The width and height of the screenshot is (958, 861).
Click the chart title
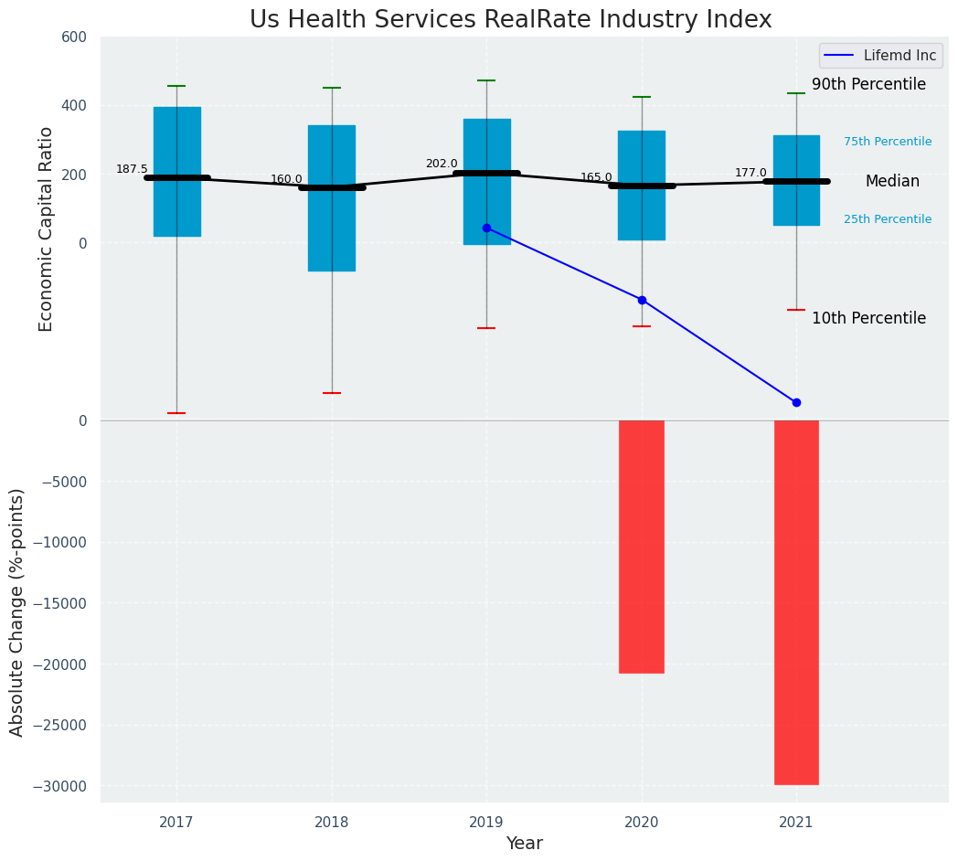(510, 20)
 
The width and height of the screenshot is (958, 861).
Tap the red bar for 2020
(642, 547)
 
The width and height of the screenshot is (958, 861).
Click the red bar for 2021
(796, 602)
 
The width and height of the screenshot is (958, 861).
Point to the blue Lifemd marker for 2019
(486, 228)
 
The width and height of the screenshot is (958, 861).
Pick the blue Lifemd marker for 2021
(796, 402)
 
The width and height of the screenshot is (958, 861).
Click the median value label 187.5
(132, 169)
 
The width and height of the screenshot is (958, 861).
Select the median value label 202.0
(442, 165)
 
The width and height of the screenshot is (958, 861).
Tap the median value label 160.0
(286, 179)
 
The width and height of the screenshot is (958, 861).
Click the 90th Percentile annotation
(868, 85)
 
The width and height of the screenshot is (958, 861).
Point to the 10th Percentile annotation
(868, 319)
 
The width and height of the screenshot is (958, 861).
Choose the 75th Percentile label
(888, 142)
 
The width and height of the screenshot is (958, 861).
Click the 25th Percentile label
(888, 219)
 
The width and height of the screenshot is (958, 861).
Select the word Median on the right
(892, 182)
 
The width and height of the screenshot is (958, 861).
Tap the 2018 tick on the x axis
(332, 823)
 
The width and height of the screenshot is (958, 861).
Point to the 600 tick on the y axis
(74, 37)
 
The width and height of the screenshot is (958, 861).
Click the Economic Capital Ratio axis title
(46, 229)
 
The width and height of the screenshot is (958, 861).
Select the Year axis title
(525, 844)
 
